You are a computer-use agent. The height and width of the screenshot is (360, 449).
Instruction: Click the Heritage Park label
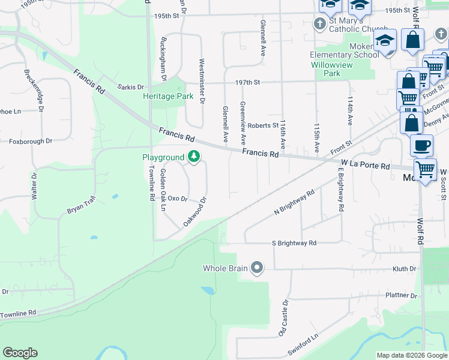(x=168, y=96)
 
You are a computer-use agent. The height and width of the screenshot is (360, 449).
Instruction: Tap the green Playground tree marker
(x=193, y=157)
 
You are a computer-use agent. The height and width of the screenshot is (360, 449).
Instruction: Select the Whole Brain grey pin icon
(x=257, y=268)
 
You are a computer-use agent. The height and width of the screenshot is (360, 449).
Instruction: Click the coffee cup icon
(x=421, y=145)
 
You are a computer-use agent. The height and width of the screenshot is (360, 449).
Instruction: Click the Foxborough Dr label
(x=31, y=142)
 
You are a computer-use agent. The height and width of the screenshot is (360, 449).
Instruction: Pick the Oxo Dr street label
(x=178, y=198)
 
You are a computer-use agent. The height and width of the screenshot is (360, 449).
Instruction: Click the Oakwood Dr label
(x=195, y=212)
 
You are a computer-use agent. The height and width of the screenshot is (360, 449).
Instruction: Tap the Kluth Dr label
(x=405, y=269)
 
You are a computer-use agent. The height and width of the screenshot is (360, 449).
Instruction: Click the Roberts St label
(x=264, y=125)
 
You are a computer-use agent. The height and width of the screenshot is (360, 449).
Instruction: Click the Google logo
(x=20, y=353)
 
